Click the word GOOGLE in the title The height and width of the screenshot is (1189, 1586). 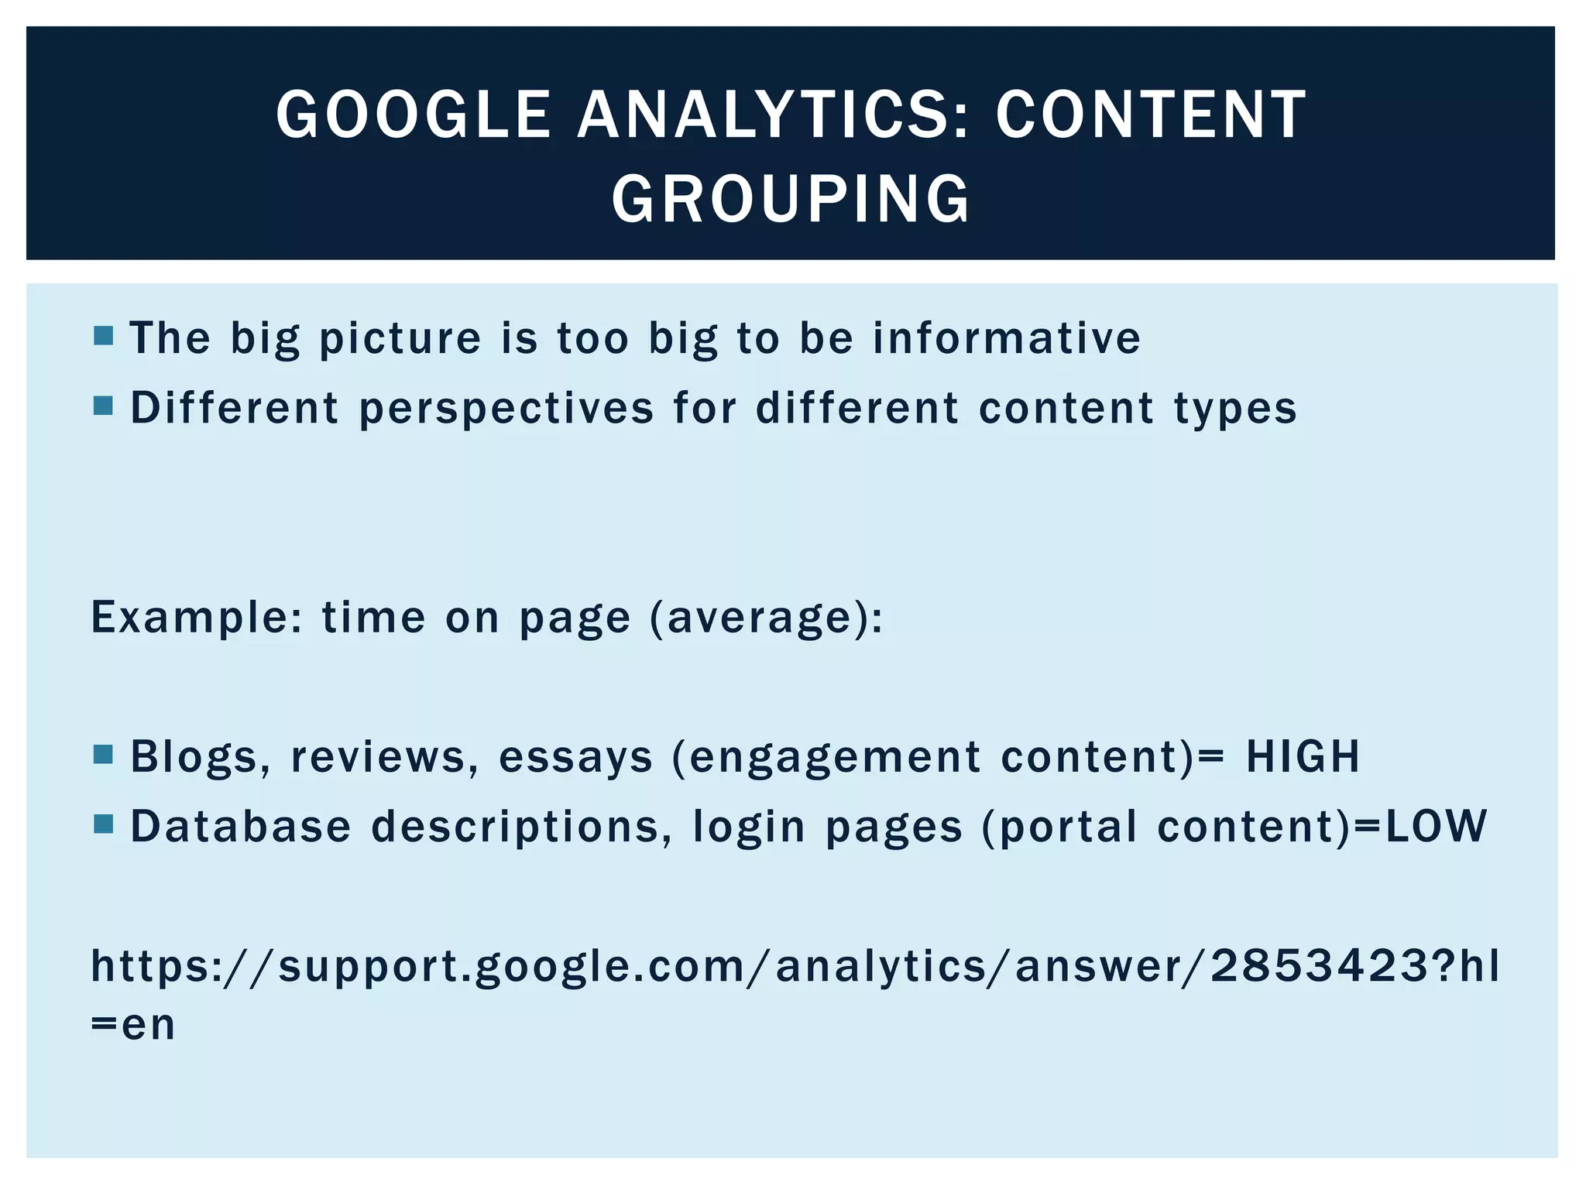(413, 115)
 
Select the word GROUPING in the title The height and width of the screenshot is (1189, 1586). (791, 199)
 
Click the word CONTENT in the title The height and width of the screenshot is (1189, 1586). (1151, 115)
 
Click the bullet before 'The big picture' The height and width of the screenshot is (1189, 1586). (103, 335)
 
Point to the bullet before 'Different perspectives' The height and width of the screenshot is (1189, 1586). (103, 406)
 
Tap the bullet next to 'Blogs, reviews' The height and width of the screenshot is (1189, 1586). (103, 754)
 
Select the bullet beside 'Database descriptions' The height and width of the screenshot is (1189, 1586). (103, 824)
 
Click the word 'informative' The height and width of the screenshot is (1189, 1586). (1007, 338)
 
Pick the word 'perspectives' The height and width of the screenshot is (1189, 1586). (506, 409)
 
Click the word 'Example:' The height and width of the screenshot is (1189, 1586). (197, 618)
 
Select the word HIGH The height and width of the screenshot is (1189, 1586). (1303, 756)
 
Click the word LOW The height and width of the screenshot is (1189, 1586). (1436, 826)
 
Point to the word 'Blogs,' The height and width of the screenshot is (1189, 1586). (201, 756)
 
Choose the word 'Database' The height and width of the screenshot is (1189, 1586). (240, 826)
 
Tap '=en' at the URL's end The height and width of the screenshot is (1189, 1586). (133, 1024)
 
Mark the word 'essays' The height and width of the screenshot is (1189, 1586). (576, 756)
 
